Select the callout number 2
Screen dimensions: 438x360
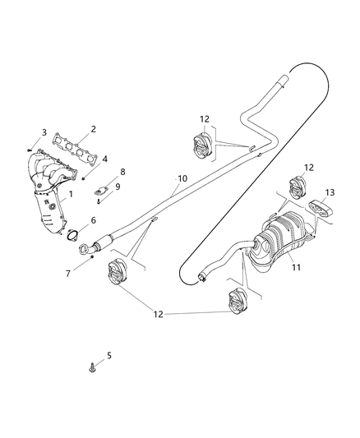coord(93,129)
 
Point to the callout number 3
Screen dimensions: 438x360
coord(44,132)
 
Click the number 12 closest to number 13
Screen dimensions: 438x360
coord(310,168)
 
